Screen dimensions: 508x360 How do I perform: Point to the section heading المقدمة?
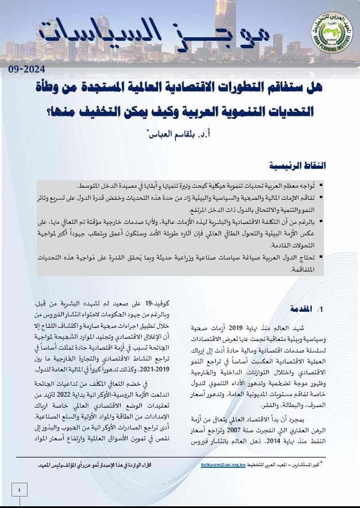304,308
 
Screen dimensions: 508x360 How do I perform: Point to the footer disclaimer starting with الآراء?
100,467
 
